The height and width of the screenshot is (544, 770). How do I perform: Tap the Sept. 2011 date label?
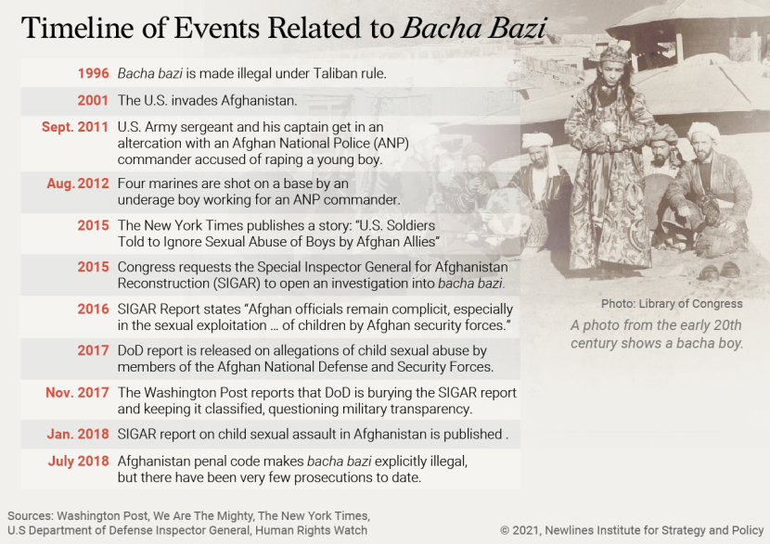75,127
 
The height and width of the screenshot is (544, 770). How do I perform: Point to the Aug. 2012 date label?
78,183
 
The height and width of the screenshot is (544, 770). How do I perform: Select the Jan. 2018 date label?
78,434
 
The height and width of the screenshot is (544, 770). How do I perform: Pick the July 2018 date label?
78,461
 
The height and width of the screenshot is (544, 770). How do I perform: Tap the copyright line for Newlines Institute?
630,530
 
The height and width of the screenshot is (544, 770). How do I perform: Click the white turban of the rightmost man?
704,131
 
